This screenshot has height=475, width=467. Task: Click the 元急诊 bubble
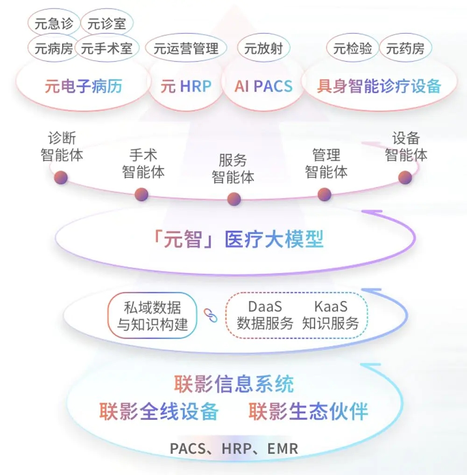pos(54,23)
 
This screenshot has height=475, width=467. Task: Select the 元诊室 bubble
pos(107,23)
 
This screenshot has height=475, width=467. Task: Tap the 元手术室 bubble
pos(107,48)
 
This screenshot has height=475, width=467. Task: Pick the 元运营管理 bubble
pos(186,48)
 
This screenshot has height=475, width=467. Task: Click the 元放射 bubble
pos(263,48)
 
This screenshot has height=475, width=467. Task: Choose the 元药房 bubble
pos(405,48)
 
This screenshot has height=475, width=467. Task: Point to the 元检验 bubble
pos(353,48)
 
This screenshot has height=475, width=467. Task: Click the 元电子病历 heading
pos(83,86)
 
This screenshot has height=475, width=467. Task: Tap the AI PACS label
pos(263,86)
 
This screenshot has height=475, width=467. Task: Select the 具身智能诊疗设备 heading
pos(379,86)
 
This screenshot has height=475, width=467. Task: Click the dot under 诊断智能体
pos(61,177)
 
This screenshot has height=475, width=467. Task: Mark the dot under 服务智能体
pos(234,199)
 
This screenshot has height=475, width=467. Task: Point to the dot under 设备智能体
pos(405,177)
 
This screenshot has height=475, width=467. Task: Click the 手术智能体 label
pos(143,163)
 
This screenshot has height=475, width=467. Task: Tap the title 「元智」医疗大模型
pos(238,239)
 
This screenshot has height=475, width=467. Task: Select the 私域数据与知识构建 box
pos(152,315)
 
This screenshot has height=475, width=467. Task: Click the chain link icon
pos(210,315)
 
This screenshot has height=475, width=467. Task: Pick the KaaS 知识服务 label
pos(331,315)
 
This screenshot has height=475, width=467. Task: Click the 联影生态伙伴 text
pos(308,411)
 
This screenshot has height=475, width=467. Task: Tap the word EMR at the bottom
pos(283,449)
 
